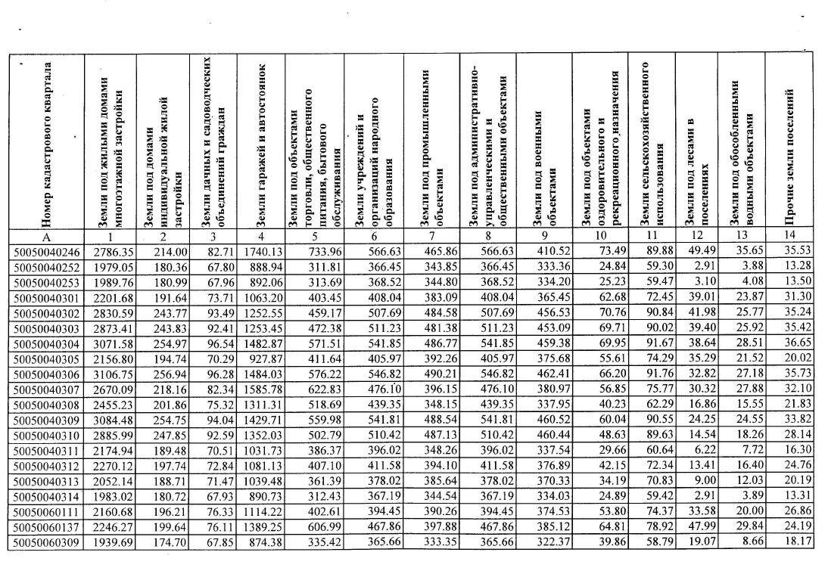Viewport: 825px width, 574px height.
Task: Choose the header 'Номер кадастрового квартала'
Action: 48,144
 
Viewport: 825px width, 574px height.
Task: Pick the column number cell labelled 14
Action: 789,237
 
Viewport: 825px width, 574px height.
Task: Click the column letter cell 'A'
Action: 48,237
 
